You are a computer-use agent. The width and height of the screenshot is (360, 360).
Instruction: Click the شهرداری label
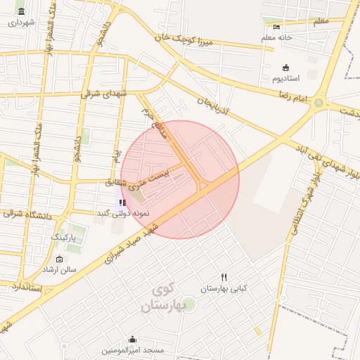[21, 22]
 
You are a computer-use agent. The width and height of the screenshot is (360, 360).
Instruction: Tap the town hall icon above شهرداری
[21, 12]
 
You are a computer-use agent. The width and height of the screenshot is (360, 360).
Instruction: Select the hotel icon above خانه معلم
[276, 27]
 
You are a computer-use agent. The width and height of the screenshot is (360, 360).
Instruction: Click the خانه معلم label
[276, 37]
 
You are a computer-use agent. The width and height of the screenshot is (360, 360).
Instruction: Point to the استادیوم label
[286, 78]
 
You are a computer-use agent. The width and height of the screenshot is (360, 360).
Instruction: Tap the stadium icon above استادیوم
[285, 67]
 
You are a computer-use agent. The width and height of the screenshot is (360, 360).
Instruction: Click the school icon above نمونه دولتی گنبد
[123, 202]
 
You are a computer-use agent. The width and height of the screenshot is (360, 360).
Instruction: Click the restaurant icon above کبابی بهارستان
[224, 278]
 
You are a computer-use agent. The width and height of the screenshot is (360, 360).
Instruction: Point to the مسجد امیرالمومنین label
[133, 349]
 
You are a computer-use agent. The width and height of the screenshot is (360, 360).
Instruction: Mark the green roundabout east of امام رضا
[318, 103]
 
